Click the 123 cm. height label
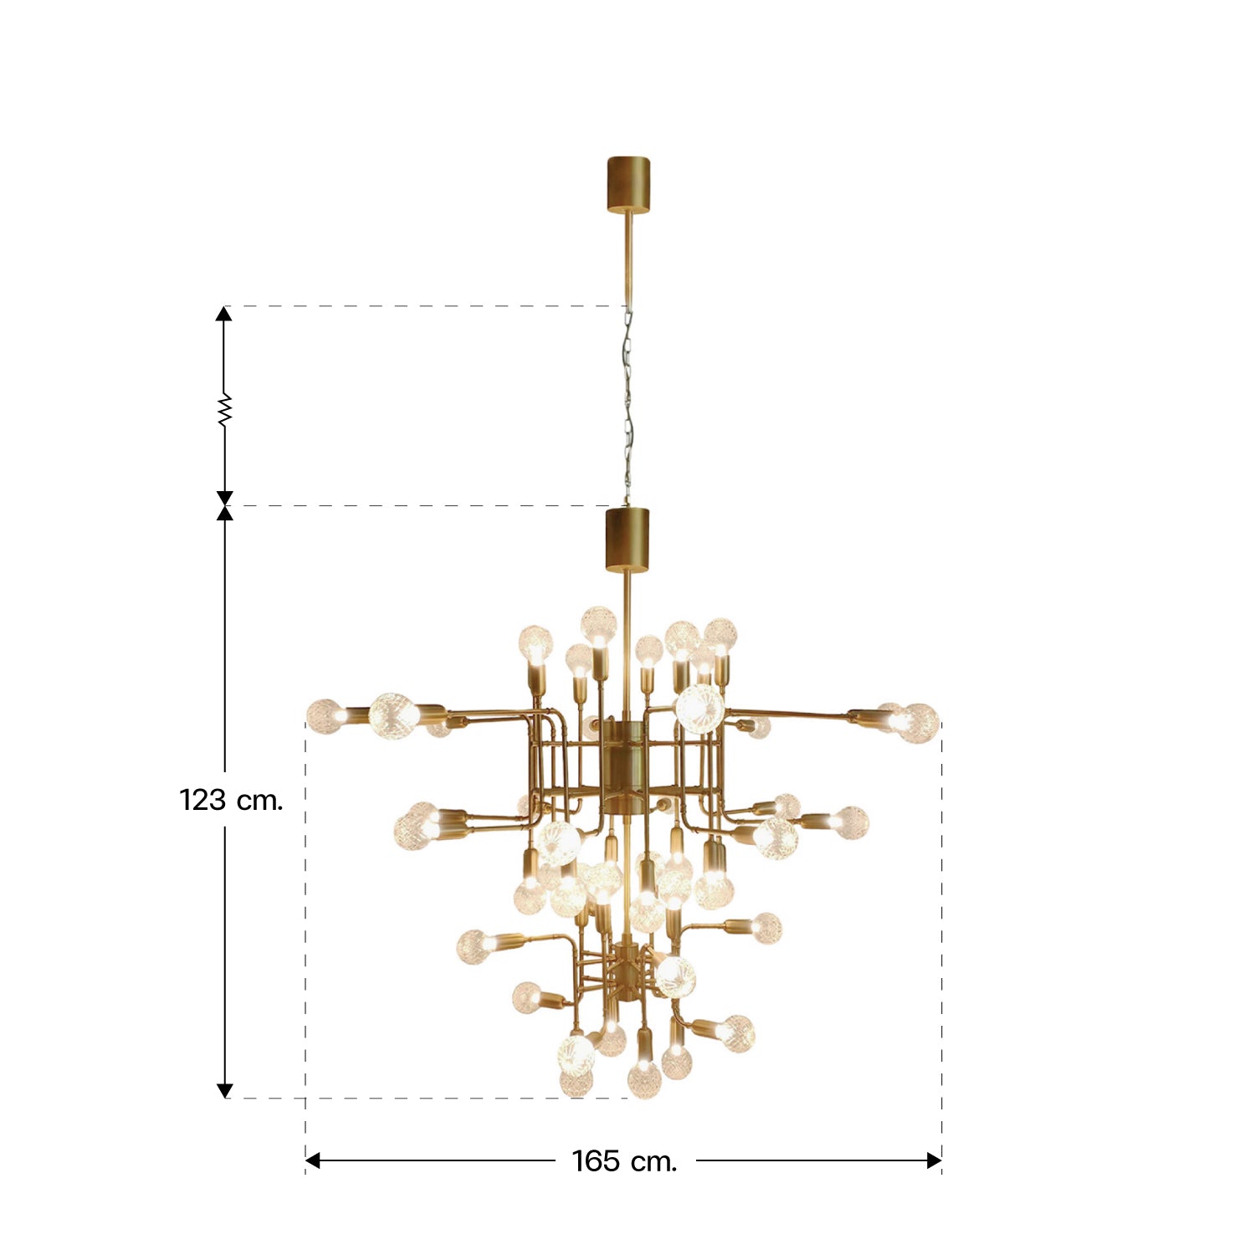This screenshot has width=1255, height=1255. click(x=232, y=801)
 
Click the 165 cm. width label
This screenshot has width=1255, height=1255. click(x=624, y=1161)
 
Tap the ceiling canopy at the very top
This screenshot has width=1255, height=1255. click(x=629, y=183)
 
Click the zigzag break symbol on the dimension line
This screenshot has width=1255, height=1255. click(x=224, y=410)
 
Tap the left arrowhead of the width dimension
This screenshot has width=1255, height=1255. click(x=313, y=1160)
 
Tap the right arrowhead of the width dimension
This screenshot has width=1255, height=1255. click(x=935, y=1160)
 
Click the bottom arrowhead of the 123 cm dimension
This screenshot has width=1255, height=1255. click(x=224, y=1090)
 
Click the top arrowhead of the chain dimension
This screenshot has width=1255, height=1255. click(x=223, y=314)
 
